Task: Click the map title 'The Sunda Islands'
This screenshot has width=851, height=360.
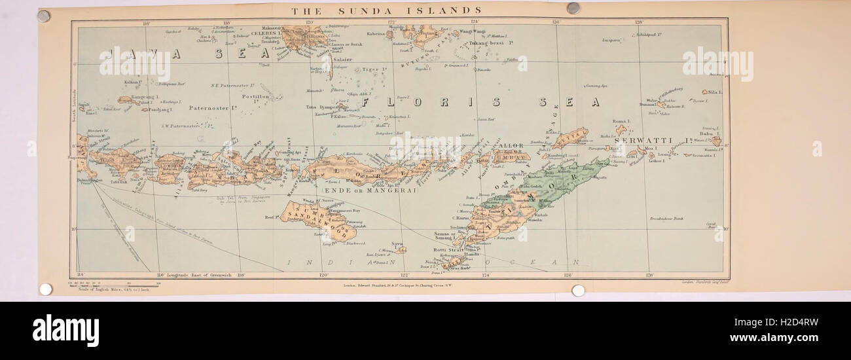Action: pos(386,10)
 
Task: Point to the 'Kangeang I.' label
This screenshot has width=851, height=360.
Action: pos(146,97)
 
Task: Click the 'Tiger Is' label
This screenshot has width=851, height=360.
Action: pos(375,69)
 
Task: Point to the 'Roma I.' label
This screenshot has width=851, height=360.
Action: pos(620,122)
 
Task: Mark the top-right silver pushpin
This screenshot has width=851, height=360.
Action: pos(573,8)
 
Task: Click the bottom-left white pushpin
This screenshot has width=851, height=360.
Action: pos(45,289)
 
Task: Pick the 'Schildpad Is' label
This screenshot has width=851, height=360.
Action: pos(649,34)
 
